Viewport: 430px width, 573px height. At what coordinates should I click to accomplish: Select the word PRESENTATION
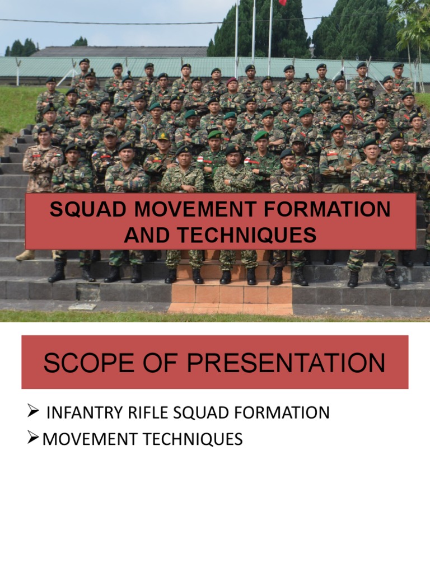pyautogui.click(x=286, y=363)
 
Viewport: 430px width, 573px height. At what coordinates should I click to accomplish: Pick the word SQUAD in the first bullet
pyautogui.click(x=195, y=413)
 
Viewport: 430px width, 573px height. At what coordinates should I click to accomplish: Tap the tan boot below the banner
pyautogui.click(x=25, y=255)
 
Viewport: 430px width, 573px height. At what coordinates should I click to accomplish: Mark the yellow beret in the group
pyautogui.click(x=163, y=136)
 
